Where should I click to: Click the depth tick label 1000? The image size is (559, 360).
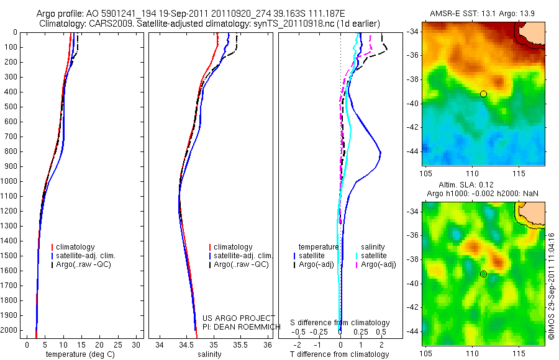pyautogui.click(x=11, y=181)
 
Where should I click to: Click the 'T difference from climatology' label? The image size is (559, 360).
pyautogui.click(x=340, y=354)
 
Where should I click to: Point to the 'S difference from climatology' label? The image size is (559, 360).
pyautogui.click(x=340, y=323)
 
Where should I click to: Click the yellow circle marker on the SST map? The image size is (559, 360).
pyautogui.click(x=483, y=94)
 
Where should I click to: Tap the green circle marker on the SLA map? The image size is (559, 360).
pyautogui.click(x=483, y=274)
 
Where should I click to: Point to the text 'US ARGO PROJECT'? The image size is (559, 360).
pyautogui.click(x=239, y=318)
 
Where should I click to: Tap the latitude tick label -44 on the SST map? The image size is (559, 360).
pyautogui.click(x=413, y=151)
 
